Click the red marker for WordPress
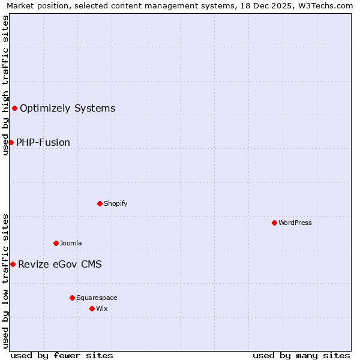click(x=274, y=223)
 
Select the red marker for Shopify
click(x=100, y=203)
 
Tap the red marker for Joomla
click(x=56, y=243)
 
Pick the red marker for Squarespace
click(x=72, y=298)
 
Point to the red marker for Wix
click(x=92, y=308)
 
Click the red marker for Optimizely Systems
click(x=14, y=108)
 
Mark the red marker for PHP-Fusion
click(x=11, y=142)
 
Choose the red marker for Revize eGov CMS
click(x=13, y=264)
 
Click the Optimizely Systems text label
click(x=67, y=109)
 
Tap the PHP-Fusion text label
click(x=43, y=143)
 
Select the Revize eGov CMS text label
click(x=60, y=265)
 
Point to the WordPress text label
click(x=295, y=223)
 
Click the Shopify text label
click(x=116, y=204)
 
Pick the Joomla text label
click(x=71, y=244)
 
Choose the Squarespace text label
click(x=97, y=298)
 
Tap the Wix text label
click(x=102, y=309)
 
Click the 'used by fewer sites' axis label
click(x=62, y=355)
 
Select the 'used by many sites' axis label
click(x=301, y=355)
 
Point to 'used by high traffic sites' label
click(x=5, y=85)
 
